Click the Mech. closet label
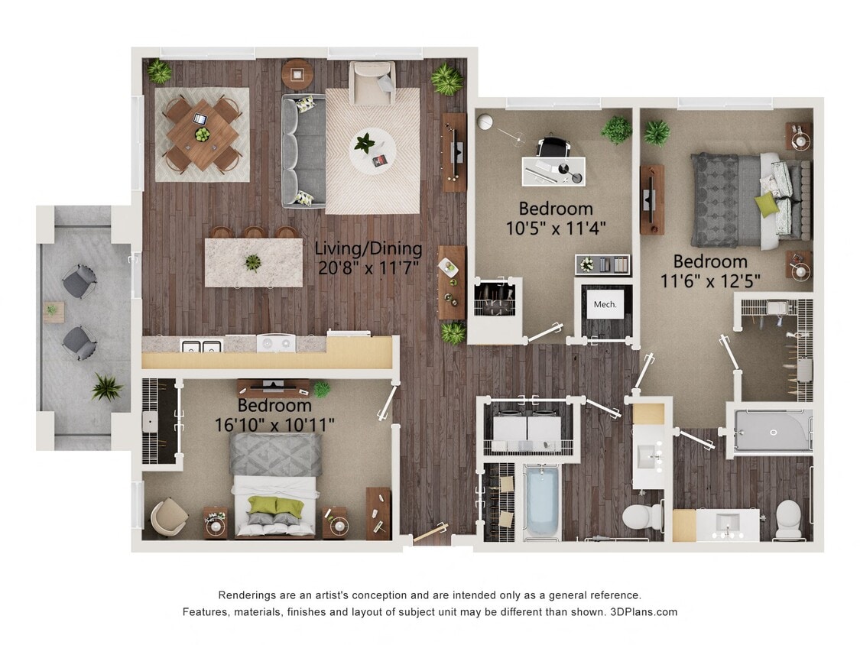pos(605,305)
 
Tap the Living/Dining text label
pos(368,248)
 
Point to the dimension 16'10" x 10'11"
pos(274,424)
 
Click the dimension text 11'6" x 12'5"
pos(710,280)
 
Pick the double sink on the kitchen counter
pos(201,345)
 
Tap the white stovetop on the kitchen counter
pos(275,343)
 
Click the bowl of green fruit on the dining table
pos(203,135)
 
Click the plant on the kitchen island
pos(252,262)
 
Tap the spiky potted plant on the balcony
pos(107,387)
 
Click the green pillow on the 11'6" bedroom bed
pos(767,204)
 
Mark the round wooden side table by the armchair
pos(297,74)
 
